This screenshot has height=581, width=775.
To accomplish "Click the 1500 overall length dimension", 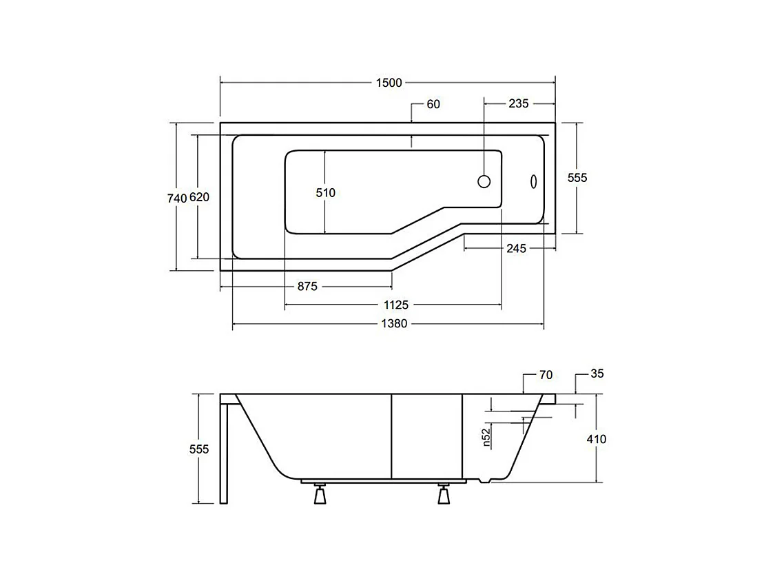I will point(389,83).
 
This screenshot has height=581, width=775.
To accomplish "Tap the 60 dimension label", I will point(433,105).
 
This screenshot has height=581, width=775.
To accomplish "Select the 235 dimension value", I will point(518,104).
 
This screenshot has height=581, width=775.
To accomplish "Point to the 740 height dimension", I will point(177,198).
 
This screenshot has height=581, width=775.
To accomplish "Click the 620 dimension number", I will point(199,198).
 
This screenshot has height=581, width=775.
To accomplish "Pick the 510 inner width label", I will point(326,193).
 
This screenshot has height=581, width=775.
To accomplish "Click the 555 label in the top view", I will point(577,178).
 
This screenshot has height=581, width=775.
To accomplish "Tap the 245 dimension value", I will point(516,249).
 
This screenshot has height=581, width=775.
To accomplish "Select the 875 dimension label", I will point(307,287).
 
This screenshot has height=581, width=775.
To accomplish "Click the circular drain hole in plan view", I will point(484,181).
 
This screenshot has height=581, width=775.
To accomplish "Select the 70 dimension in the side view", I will point(546,375).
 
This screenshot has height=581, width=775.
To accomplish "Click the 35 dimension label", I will point(597,374).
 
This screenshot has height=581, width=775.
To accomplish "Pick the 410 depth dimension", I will point(597,439).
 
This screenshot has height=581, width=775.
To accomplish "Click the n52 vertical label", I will point(486,438).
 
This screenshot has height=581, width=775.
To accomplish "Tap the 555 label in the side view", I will point(198,449).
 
